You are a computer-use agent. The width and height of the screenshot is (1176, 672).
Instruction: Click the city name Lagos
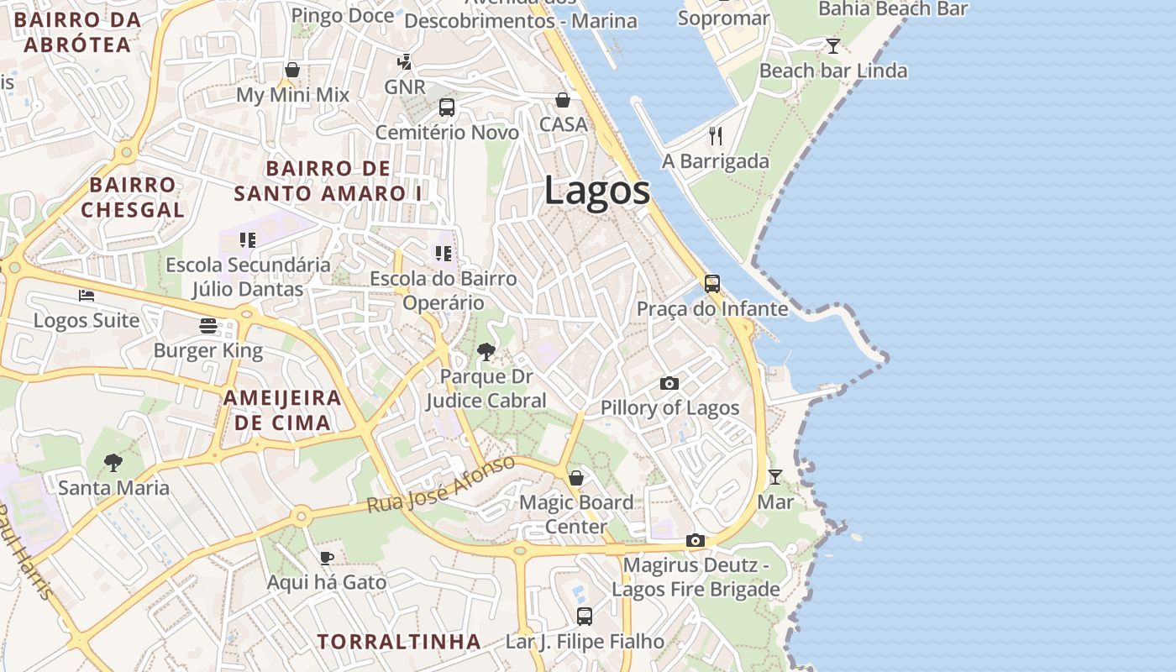coord(596,191)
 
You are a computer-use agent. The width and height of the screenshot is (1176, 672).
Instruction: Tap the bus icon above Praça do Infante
coord(712,284)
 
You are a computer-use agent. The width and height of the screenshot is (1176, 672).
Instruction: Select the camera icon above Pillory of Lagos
coord(669,384)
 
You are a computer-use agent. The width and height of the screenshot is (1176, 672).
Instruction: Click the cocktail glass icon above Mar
coord(774,477)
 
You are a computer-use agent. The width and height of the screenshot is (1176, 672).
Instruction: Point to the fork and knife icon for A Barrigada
coord(716,136)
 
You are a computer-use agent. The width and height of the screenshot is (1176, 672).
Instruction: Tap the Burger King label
coord(208,350)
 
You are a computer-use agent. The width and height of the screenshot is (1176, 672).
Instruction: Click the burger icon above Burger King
coord(208,326)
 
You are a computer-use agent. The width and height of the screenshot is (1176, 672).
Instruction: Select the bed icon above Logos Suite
coord(87,296)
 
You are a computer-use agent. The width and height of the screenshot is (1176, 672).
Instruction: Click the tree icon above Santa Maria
coord(113,463)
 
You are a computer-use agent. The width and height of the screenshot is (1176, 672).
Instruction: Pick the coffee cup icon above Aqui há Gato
coord(327,558)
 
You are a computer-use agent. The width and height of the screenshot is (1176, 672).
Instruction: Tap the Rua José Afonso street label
coord(440,486)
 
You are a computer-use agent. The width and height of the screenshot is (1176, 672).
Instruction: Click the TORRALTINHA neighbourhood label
coord(399,642)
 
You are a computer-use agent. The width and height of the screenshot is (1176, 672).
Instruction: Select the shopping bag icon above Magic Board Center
coord(575,478)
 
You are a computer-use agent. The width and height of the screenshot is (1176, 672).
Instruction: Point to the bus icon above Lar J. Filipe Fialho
coord(585,617)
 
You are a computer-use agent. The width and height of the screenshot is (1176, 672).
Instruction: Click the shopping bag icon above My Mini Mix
coord(292,70)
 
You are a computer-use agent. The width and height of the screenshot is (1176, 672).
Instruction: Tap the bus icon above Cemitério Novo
coord(447,108)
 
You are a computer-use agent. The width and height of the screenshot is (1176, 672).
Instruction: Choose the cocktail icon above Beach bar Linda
coord(832,46)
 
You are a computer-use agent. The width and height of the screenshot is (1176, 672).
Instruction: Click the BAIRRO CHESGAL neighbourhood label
coord(133,197)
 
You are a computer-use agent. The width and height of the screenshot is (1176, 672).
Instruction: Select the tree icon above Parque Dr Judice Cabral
coord(486,352)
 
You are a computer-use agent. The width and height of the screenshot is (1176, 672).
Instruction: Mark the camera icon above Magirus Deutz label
coord(695,541)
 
